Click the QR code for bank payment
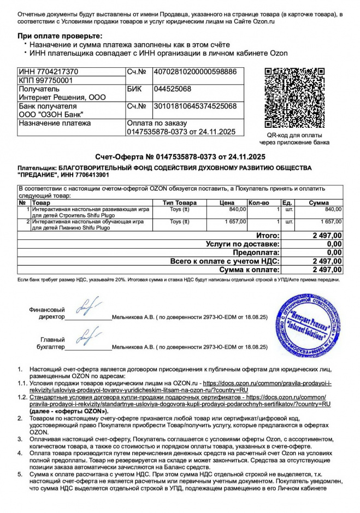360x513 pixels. [298, 98]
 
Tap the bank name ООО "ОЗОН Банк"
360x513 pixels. [51, 114]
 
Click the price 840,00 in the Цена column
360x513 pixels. [238, 209]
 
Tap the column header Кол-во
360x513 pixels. [258, 203]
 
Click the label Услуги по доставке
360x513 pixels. [243, 244]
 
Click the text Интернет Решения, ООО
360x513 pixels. [55, 97]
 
